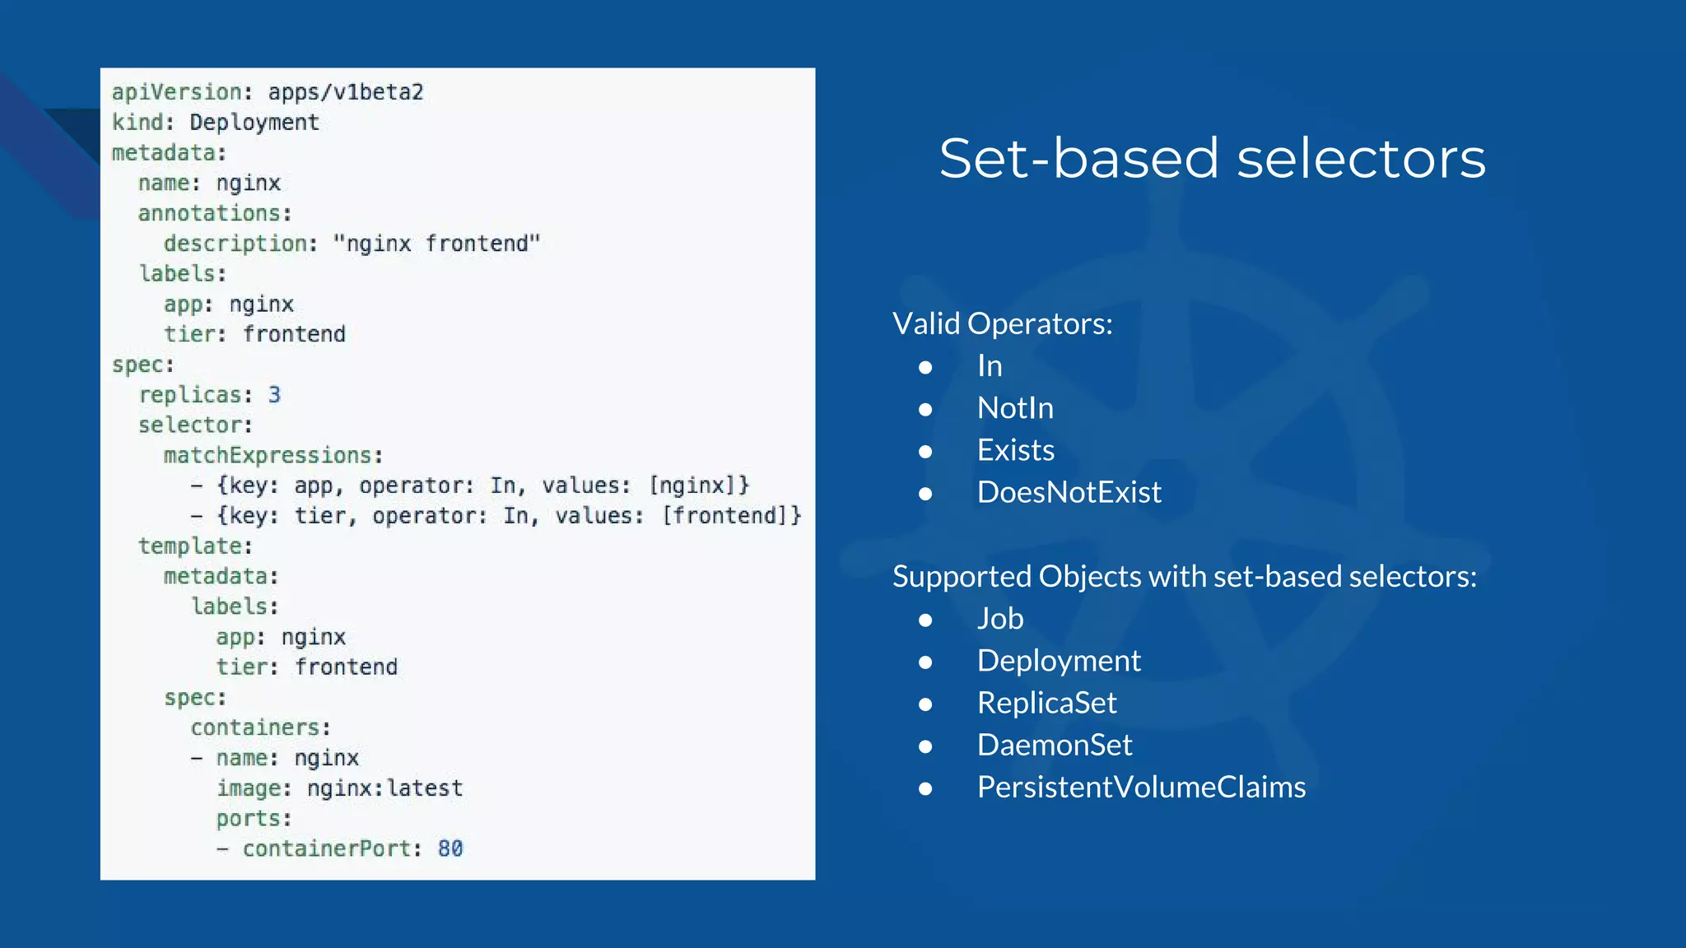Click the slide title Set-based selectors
coord(1212,158)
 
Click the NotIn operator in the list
coord(1014,408)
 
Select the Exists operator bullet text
coord(1015,450)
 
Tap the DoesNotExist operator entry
coord(1069,492)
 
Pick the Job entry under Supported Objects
coord(999,619)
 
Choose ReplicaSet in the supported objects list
coord(1046,703)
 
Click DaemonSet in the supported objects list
coord(1054,745)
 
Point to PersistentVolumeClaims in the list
coord(1141,788)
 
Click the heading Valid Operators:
coord(1002,323)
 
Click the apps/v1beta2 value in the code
coord(345,92)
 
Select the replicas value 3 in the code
coord(274,395)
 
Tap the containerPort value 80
coord(450,848)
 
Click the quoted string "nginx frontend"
coord(436,244)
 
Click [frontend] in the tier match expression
coord(731,516)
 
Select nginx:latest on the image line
coord(384,788)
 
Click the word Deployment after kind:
coord(254,123)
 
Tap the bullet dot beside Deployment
coord(925,662)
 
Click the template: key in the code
coord(194,546)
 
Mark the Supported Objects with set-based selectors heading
coord(1184,576)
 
